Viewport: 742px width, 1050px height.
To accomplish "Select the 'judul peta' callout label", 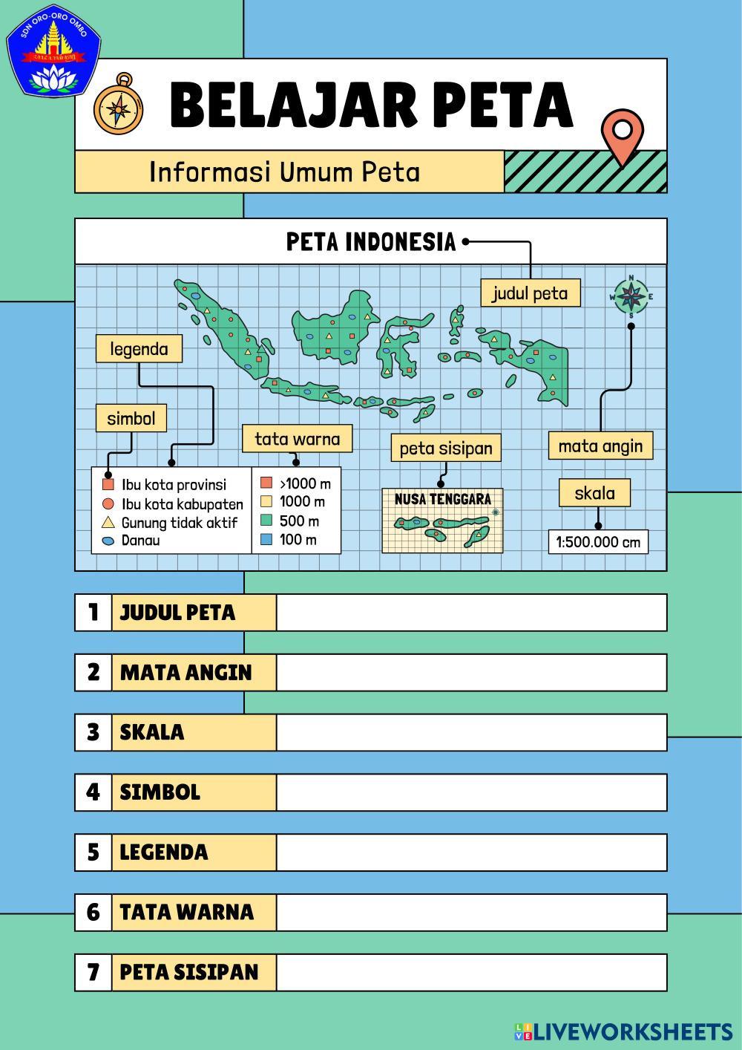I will [530, 293].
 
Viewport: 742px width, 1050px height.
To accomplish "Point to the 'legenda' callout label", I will [139, 349].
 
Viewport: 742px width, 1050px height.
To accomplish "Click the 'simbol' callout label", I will [131, 418].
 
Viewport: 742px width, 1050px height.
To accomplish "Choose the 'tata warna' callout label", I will [297, 439].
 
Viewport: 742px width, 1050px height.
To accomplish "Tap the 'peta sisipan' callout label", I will [446, 448].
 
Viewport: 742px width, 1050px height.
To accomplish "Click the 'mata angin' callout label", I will [600, 446].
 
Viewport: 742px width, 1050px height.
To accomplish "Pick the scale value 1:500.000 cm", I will [598, 541].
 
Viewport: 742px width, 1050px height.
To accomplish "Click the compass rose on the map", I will [631, 296].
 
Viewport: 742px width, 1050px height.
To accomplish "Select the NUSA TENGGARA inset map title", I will [442, 499].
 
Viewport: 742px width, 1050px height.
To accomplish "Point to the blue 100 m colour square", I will [267, 540].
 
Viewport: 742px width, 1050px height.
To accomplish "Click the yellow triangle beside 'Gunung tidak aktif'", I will [108, 522].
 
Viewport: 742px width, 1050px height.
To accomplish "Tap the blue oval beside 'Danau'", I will [108, 541].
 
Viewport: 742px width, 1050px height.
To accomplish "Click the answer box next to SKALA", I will [471, 732].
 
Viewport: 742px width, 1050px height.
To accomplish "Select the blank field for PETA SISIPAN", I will [471, 972].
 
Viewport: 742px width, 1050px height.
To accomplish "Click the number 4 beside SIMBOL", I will [93, 792].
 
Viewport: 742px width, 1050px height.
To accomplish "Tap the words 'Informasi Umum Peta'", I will [284, 172].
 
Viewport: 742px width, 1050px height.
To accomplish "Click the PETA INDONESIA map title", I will [371, 241].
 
